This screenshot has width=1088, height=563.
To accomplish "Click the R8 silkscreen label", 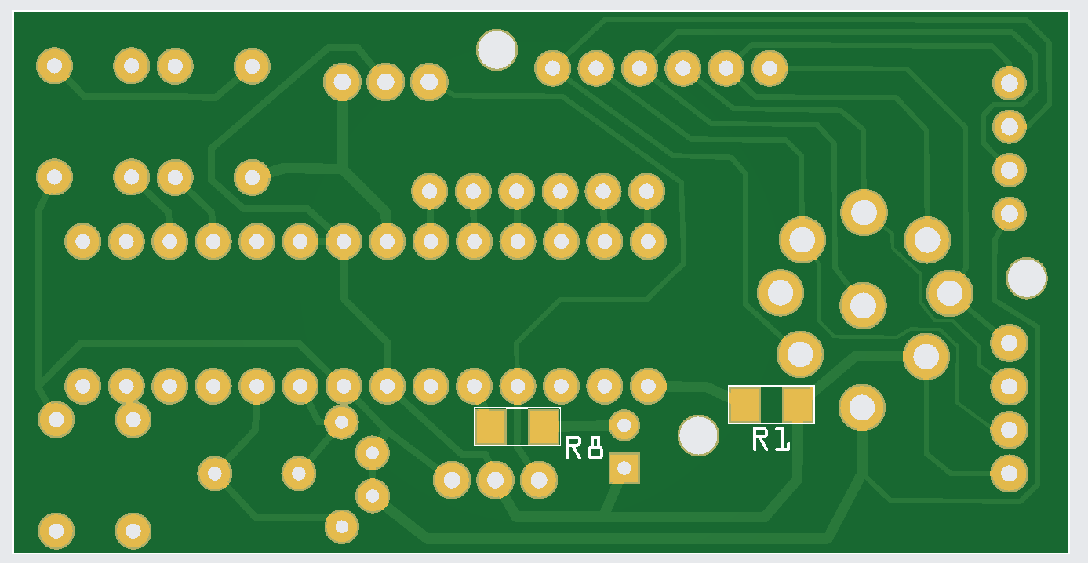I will click(x=584, y=449).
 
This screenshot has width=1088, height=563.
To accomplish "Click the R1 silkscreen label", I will click(x=770, y=440).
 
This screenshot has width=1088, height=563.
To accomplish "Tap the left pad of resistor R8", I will click(x=490, y=427).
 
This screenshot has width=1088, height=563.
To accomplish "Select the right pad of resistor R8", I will click(x=544, y=427).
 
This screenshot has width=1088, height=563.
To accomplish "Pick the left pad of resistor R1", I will click(x=744, y=405).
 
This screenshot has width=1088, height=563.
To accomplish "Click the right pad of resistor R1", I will click(x=798, y=405).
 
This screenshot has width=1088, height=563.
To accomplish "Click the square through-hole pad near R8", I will click(x=624, y=468).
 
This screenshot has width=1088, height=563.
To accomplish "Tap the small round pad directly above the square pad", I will click(x=624, y=425).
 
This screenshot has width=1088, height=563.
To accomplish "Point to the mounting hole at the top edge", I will click(x=497, y=50).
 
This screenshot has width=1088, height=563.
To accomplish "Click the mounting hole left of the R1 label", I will click(x=698, y=435).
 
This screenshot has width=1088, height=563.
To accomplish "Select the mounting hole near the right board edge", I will click(x=1026, y=278).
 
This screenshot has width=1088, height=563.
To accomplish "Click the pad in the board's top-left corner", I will click(x=54, y=66).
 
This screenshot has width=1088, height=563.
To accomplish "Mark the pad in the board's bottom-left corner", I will click(x=56, y=531).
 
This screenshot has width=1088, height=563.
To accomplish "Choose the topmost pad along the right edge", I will click(x=1009, y=83).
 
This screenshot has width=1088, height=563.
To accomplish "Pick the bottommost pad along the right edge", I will click(x=1009, y=473).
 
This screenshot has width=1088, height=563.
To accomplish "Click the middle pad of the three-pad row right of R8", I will click(x=495, y=480).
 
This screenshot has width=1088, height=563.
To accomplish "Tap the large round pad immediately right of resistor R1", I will click(x=862, y=407).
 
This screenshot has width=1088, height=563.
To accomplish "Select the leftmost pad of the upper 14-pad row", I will click(x=82, y=242).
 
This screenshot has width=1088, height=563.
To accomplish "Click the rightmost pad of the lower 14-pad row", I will click(x=648, y=386).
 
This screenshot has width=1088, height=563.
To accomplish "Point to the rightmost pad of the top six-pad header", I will click(x=770, y=69).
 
